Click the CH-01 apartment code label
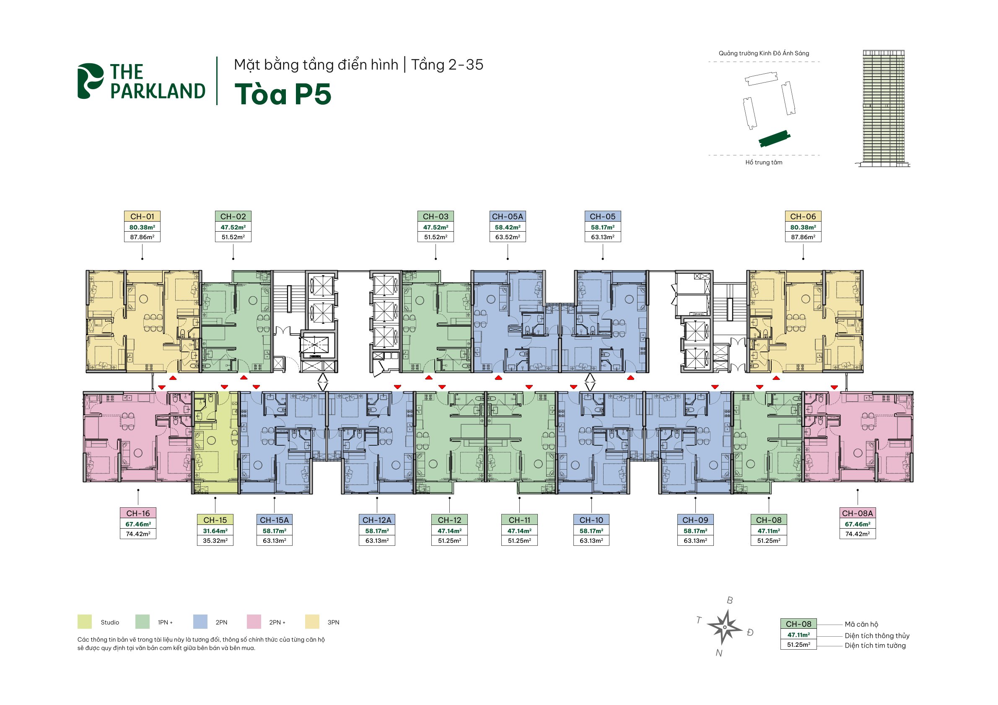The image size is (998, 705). tap(142, 216)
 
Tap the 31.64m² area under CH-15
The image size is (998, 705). tap(215, 531)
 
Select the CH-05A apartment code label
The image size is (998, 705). tap(507, 216)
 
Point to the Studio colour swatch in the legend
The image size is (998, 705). tap(85, 622)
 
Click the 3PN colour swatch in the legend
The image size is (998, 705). tap(312, 622)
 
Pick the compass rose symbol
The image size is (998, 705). tap(725, 627)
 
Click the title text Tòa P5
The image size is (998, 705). tap(283, 94)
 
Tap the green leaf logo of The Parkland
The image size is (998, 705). tap(91, 81)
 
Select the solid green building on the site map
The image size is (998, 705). tap(775, 139)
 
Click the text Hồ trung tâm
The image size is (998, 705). tap(764, 163)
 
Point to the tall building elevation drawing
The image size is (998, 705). tap(884, 108)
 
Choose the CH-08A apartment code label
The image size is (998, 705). tap(857, 514)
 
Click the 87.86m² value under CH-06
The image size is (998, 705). tap(803, 237)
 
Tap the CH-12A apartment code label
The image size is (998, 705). tap(377, 520)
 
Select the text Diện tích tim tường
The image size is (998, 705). tap(875, 646)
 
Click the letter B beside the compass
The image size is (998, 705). tap(730, 600)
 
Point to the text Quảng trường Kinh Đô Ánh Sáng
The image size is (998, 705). tap(764, 54)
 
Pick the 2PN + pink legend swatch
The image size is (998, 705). tap(254, 622)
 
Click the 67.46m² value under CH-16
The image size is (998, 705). tap(138, 524)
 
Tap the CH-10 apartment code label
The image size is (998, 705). tap(591, 520)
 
